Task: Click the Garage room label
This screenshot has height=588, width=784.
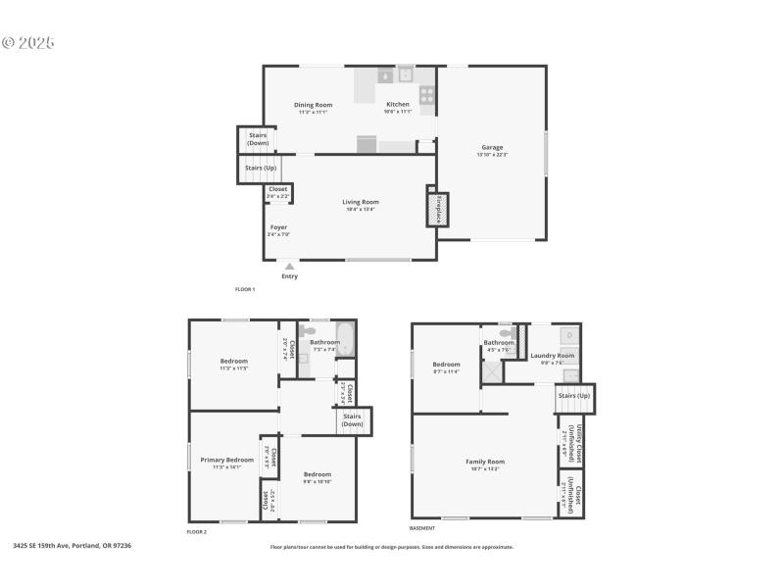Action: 492,148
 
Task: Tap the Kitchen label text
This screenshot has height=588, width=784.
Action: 398,105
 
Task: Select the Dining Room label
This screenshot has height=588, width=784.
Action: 314,105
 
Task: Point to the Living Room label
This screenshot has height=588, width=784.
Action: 361,202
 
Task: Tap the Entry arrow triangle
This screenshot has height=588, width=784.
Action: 289,265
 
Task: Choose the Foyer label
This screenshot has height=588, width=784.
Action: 279,227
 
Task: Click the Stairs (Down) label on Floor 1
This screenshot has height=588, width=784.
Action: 258,139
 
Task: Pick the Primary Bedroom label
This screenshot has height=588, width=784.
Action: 226,460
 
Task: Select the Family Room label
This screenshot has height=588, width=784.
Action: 484,462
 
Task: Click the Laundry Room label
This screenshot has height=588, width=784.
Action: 552,356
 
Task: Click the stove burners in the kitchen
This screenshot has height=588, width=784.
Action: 427,95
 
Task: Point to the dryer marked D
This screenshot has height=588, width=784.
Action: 570,335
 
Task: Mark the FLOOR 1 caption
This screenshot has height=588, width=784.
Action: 245,289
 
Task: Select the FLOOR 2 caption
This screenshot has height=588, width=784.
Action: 197,531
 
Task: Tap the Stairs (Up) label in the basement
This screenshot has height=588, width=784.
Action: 574,396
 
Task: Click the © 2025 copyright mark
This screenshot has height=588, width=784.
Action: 27,43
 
